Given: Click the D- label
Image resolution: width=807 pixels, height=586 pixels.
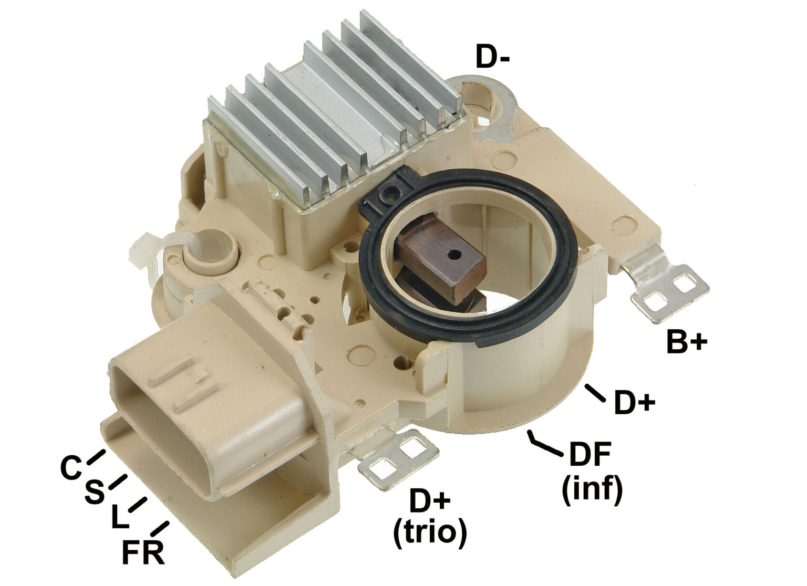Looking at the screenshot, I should point(492,57).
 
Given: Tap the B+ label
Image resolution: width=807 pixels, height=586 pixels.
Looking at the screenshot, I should point(687,342).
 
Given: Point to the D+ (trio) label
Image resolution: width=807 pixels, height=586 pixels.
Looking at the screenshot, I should point(429,518).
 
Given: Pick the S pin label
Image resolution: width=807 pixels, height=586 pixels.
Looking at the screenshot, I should point(94,493).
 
